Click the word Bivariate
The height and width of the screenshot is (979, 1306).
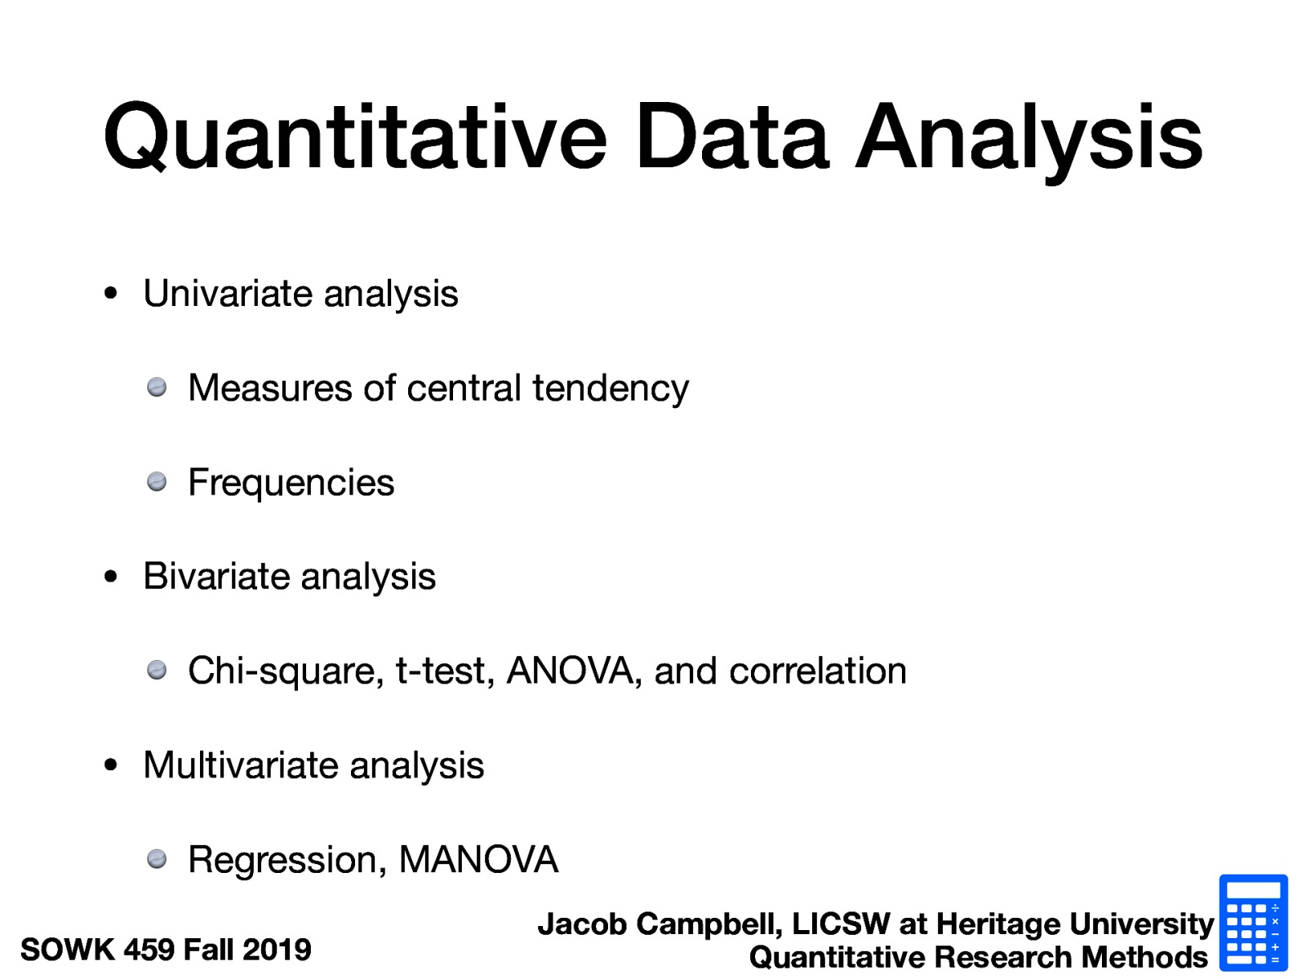tap(217, 577)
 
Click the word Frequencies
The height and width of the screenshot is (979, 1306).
tap(291, 483)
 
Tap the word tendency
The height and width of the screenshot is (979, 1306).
tap(611, 388)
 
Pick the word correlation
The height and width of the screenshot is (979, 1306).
tap(818, 671)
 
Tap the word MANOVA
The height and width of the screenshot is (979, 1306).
tap(478, 860)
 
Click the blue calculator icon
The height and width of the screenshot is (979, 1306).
tap(1253, 923)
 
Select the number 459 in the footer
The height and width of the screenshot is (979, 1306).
tap(149, 950)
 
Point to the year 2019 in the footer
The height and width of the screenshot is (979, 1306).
tap(277, 950)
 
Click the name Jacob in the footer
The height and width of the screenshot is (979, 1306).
tap(582, 924)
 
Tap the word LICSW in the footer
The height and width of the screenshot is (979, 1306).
tap(841, 924)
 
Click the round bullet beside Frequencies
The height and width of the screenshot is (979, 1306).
tap(157, 482)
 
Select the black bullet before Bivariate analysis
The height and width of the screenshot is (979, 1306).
tap(111, 578)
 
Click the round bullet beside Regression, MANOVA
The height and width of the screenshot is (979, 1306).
tap(157, 859)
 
